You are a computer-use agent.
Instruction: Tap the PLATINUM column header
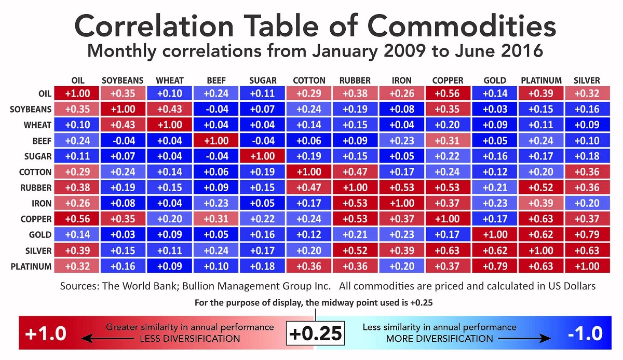(x=541, y=81)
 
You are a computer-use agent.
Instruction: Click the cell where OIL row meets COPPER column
(x=448, y=94)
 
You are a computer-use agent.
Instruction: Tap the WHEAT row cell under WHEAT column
(x=169, y=125)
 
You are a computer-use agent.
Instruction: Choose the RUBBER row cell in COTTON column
(x=309, y=188)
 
